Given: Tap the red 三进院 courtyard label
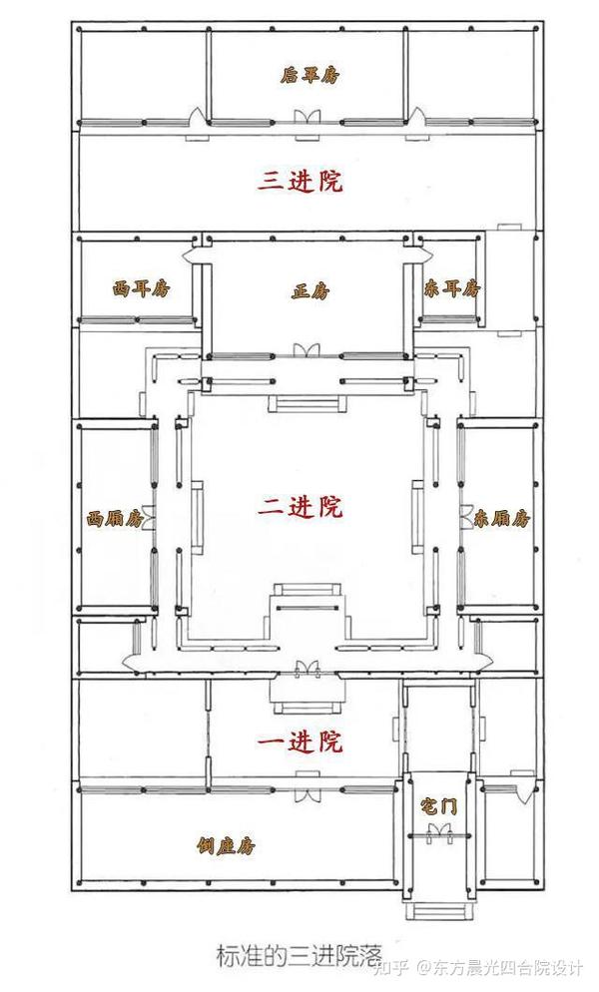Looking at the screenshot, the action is tap(300, 181).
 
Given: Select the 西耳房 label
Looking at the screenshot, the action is tap(141, 289).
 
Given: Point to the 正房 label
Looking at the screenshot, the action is tap(308, 291).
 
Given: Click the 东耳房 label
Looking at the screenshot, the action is tap(451, 289).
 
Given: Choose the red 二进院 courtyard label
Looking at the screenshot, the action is tap(300, 507).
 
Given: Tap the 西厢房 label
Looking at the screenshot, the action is tap(111, 519).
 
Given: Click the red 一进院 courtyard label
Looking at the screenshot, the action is tap(300, 743).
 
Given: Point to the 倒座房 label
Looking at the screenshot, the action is tap(227, 846).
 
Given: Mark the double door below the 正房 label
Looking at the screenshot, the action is tap(306, 349).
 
